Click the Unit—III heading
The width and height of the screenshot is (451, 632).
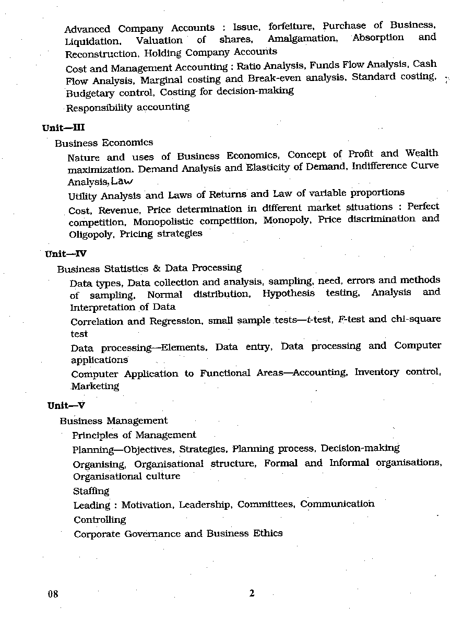63,128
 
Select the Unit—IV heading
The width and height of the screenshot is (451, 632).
66,254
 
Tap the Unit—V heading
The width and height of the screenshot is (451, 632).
66,405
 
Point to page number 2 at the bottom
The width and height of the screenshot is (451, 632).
252,593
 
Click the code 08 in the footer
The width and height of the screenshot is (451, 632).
53,594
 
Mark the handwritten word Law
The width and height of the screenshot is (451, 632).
122,181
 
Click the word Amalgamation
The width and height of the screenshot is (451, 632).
302,39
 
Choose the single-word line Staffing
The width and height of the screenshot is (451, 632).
91,491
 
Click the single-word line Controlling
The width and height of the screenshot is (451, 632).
100,520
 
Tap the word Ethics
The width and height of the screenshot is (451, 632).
268,533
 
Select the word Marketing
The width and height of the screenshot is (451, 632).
95,387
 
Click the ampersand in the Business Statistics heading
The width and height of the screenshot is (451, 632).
157,268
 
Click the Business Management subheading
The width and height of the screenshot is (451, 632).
114,420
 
